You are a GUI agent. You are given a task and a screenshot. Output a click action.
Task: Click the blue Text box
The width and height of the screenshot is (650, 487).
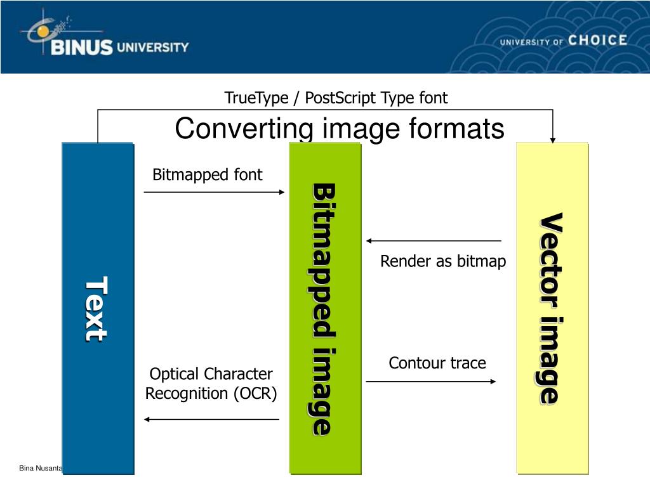click(x=98, y=308)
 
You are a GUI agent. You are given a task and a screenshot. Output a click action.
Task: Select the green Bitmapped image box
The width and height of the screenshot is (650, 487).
click(x=324, y=308)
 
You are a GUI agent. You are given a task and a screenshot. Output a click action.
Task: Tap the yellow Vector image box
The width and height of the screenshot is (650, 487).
click(x=552, y=308)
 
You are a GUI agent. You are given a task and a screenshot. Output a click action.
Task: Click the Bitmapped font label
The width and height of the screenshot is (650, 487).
click(x=208, y=175)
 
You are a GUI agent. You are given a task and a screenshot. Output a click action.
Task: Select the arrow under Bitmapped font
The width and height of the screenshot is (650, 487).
click(x=215, y=192)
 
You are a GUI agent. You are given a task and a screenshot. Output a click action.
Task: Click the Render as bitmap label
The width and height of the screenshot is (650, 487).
click(x=443, y=261)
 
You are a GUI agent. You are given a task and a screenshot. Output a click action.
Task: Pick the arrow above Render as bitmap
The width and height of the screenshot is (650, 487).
click(x=434, y=241)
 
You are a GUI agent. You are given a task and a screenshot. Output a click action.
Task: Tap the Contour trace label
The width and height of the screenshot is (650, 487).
click(x=437, y=363)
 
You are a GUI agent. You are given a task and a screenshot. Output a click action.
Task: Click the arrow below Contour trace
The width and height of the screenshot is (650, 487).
click(x=432, y=381)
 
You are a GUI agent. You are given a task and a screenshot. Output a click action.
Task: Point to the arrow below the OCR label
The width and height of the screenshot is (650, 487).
click(x=211, y=419)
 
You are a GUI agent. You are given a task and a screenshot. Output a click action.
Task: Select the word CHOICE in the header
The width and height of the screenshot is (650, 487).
click(x=597, y=41)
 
